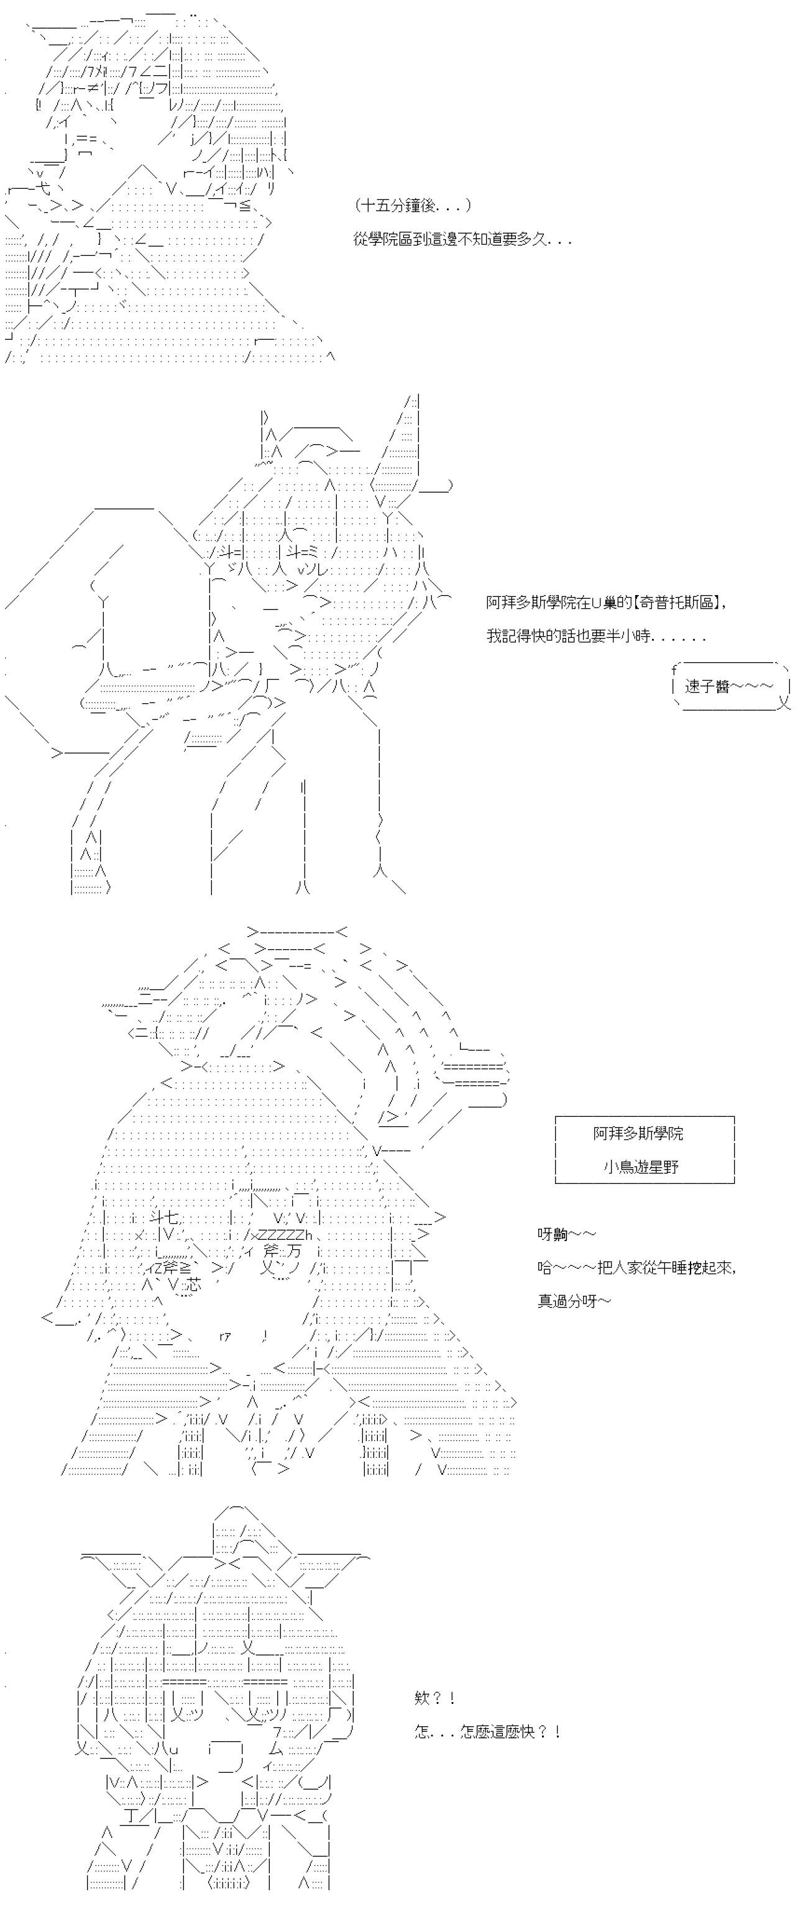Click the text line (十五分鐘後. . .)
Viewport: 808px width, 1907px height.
pos(413,205)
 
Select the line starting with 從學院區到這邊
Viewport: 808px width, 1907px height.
pos(462,239)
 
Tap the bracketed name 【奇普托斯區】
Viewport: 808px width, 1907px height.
pos(676,602)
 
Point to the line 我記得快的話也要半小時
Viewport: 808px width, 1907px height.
pos(596,636)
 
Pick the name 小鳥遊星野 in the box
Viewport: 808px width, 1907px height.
pos(641,1167)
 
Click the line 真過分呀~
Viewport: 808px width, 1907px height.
pos(574,1301)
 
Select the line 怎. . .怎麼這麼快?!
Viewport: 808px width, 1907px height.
pos(487,1732)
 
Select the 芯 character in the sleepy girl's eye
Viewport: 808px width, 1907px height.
pos(192,1285)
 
